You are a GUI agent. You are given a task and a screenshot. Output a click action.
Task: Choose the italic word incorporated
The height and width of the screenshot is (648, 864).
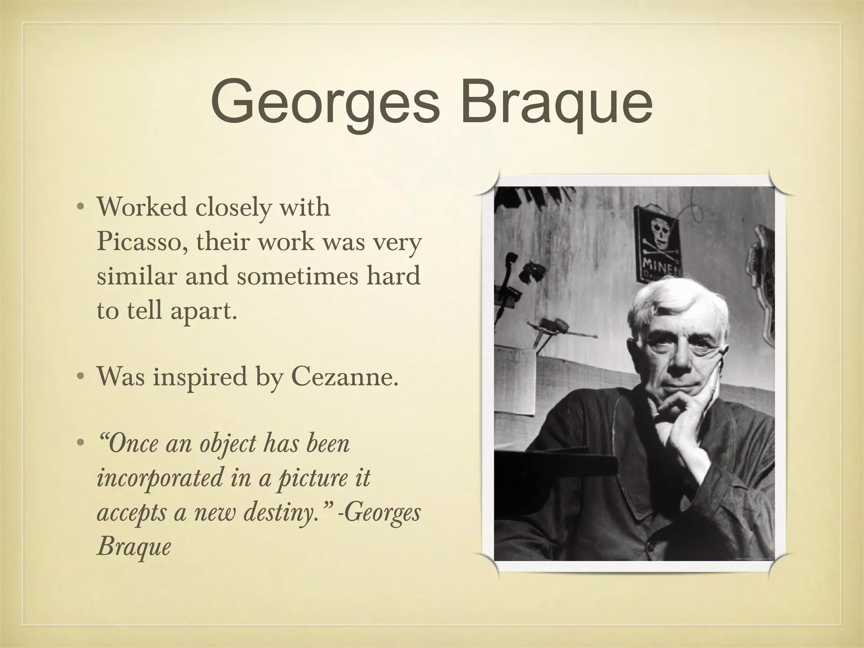pos(159,478)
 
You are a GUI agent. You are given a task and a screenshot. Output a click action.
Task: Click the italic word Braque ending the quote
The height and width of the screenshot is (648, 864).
pos(134,547)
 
